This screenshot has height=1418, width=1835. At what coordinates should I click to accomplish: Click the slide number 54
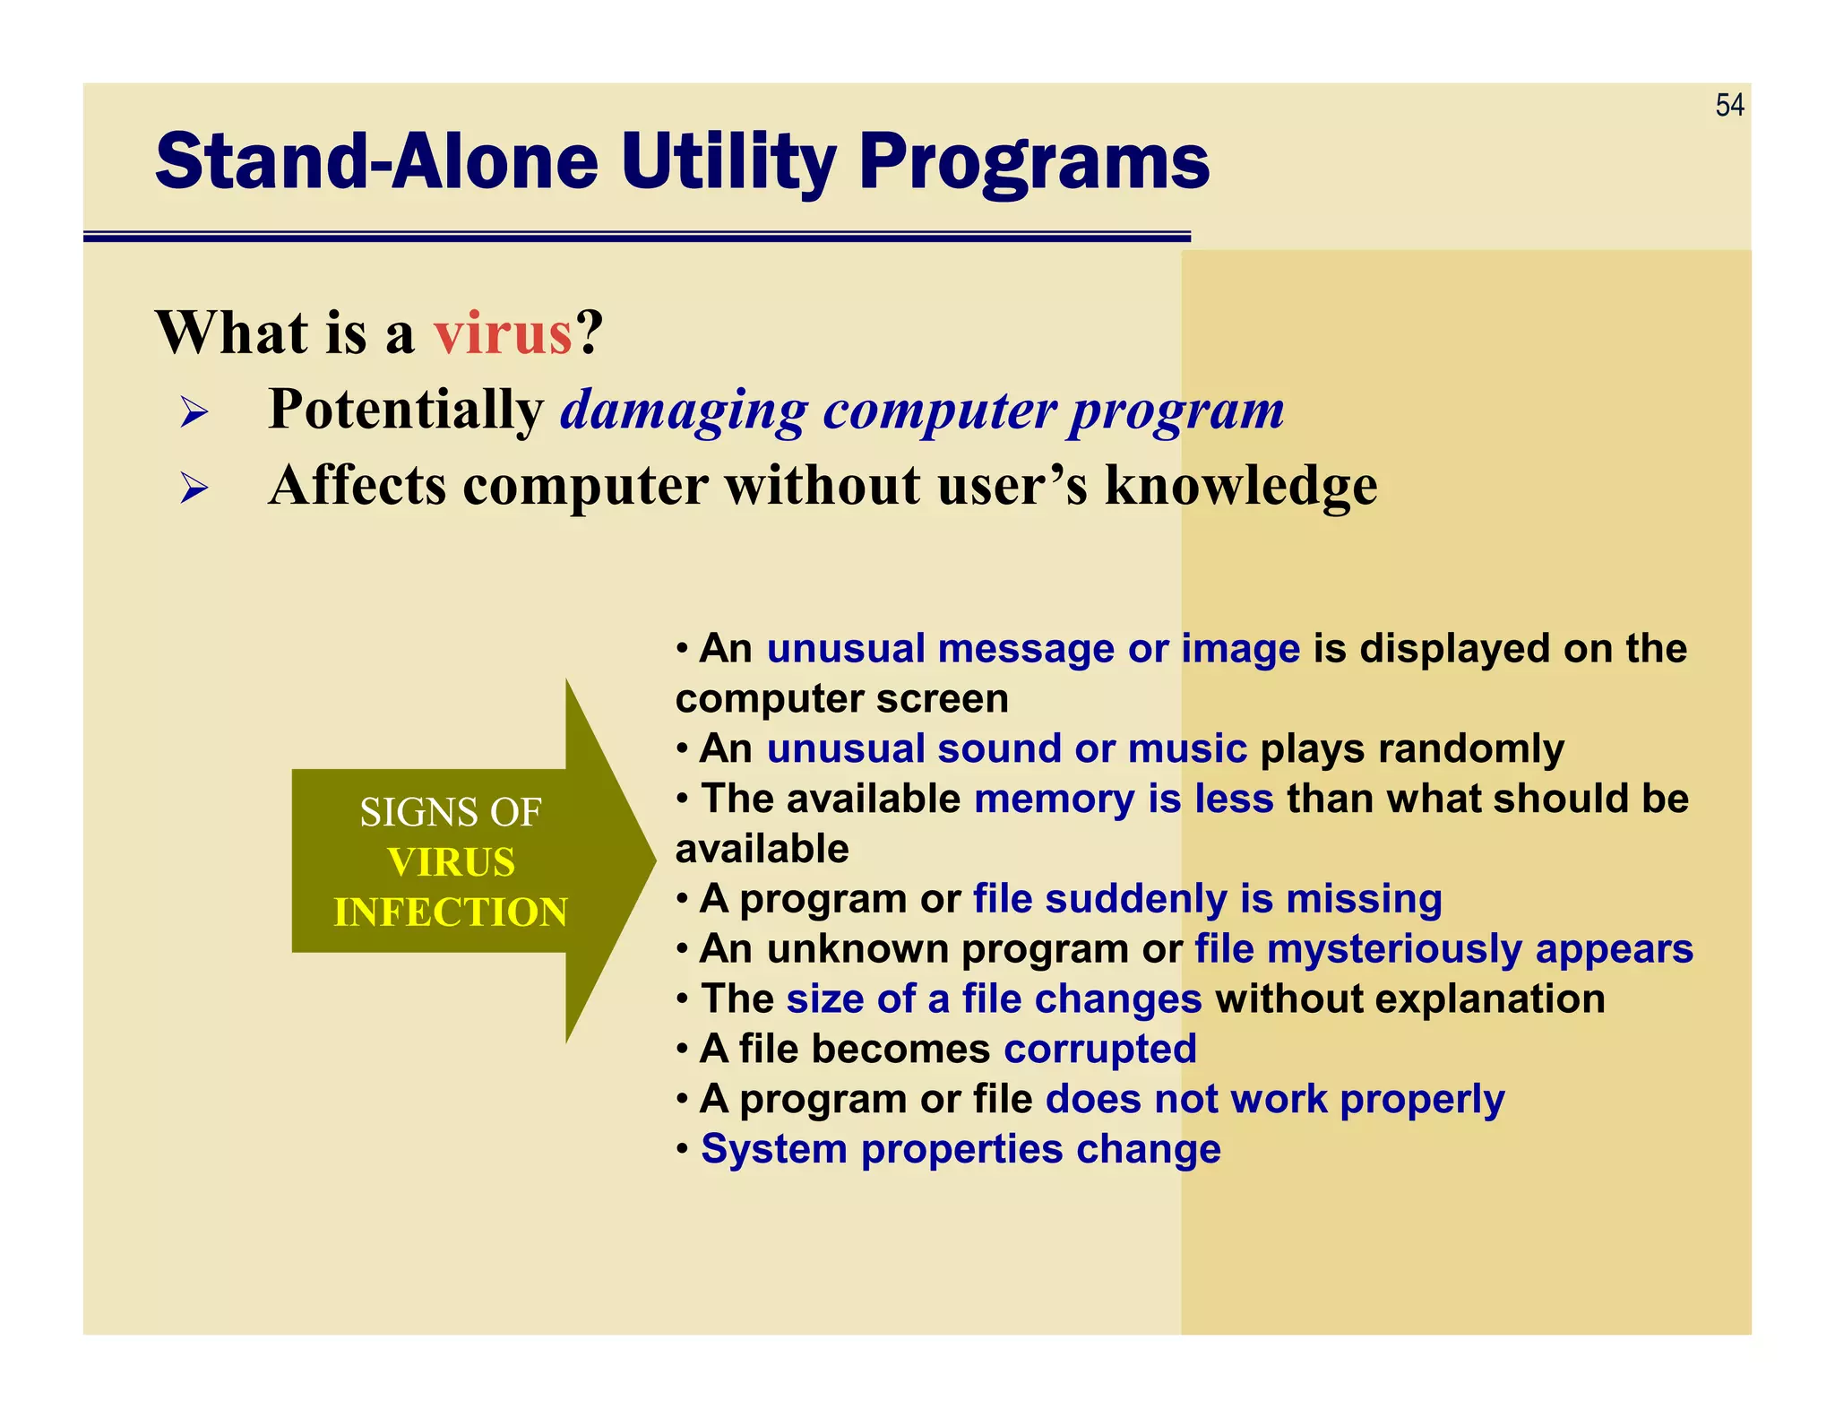pos(1729,106)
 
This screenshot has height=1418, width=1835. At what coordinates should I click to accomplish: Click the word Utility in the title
pos(728,162)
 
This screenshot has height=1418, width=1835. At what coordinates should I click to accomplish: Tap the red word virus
pos(503,333)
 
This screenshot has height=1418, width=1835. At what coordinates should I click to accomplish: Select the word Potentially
pos(406,410)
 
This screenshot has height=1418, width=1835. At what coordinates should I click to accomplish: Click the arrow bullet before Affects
pos(194,489)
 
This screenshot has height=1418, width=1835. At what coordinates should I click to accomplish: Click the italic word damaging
pos(684,411)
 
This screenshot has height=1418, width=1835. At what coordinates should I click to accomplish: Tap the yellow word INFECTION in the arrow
pos(451,912)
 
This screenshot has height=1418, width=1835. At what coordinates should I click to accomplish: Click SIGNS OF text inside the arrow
pos(451,813)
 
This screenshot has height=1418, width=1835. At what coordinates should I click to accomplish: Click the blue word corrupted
pos(1099,1049)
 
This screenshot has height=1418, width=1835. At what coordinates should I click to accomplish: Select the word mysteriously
pos(1393,949)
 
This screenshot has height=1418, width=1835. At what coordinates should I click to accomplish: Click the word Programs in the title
pos(1034,162)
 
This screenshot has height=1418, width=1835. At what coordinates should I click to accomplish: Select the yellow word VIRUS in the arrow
pos(451,862)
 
